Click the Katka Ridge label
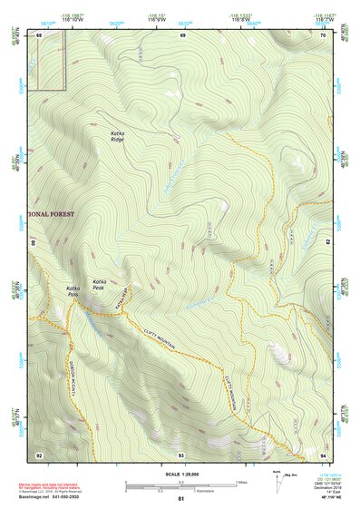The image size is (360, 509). click(x=118, y=136)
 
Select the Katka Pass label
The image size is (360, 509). click(x=73, y=293)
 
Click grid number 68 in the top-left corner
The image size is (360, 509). click(x=39, y=34)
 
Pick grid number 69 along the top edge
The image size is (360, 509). click(x=181, y=34)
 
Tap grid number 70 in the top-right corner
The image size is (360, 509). click(x=322, y=34)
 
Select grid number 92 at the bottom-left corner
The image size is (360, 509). click(x=39, y=454)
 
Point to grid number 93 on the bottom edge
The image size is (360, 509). click(x=181, y=454)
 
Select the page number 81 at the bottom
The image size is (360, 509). click(x=180, y=499)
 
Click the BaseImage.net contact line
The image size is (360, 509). click(x=54, y=498)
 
